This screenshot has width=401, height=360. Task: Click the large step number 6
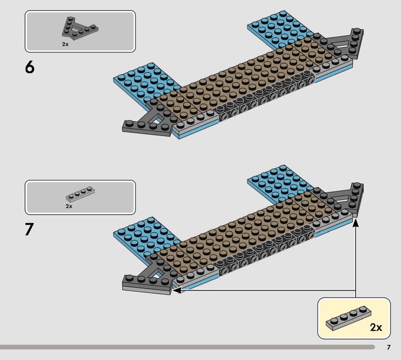click(x=30, y=67)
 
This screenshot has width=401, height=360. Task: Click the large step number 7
click(x=30, y=229)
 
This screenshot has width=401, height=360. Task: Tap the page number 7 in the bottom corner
click(x=389, y=347)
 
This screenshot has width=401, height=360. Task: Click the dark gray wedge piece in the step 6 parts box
click(x=79, y=29)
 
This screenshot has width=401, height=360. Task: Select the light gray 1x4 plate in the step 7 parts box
click(x=80, y=194)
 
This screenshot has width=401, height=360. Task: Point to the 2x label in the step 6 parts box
click(x=65, y=44)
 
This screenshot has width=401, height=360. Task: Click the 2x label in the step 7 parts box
click(x=69, y=206)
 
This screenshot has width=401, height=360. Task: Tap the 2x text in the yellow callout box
click(x=376, y=327)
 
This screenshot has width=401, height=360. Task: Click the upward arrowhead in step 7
click(x=355, y=223)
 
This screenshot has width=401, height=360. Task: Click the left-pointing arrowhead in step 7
click(x=177, y=290)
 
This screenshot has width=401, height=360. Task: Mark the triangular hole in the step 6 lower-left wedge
click(x=155, y=119)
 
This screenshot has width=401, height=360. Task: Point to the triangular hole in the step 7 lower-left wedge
click(x=155, y=273)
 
